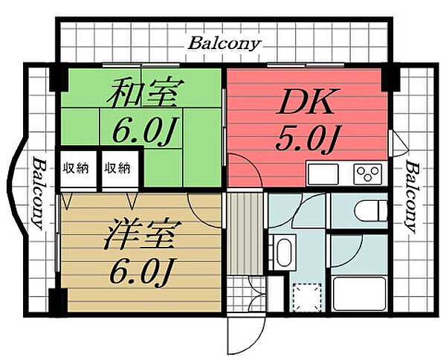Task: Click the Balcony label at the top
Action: [x=224, y=43]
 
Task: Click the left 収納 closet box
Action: [x=75, y=168]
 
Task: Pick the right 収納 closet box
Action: [x=116, y=168]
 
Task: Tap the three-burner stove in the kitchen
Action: [x=366, y=175]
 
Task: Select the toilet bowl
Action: [x=369, y=210]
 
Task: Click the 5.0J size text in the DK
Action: [x=307, y=138]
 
